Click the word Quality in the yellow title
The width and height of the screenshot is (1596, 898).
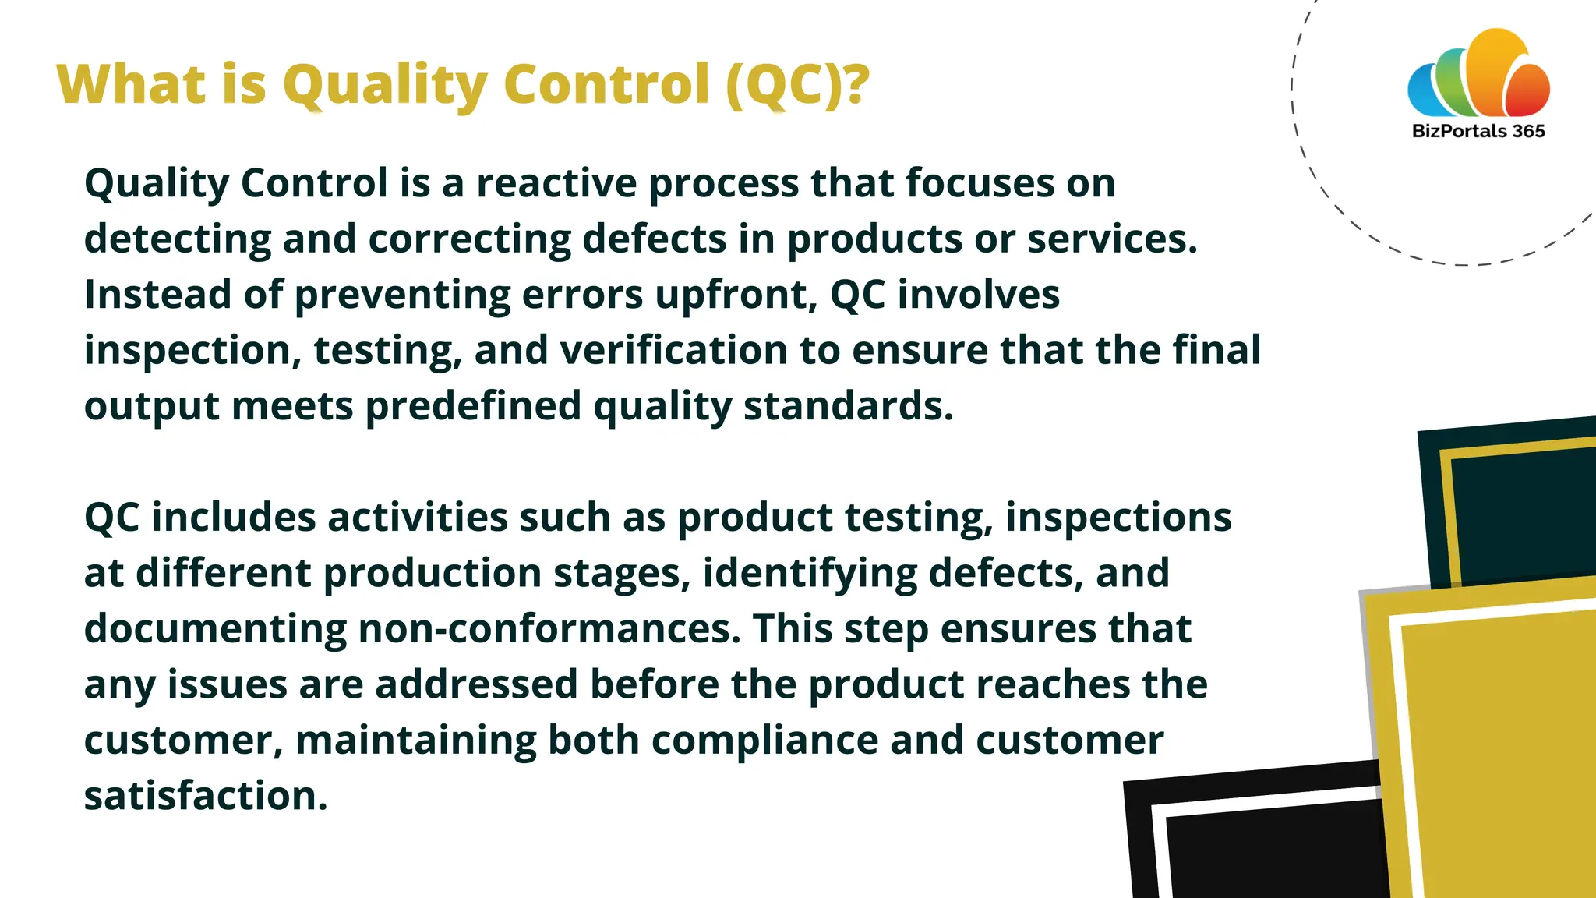(386, 84)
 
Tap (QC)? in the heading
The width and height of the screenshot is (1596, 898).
(796, 84)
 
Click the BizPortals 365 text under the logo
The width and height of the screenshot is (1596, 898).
(1478, 131)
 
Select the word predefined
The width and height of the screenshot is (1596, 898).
(473, 406)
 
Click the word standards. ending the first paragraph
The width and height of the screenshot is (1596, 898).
(848, 406)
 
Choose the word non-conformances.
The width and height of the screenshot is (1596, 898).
(549, 628)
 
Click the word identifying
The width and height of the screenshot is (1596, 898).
(810, 573)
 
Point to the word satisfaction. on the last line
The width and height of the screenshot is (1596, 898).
(206, 796)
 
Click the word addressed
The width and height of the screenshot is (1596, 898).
(476, 684)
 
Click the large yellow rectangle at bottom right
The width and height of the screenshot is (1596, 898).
(1496, 748)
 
